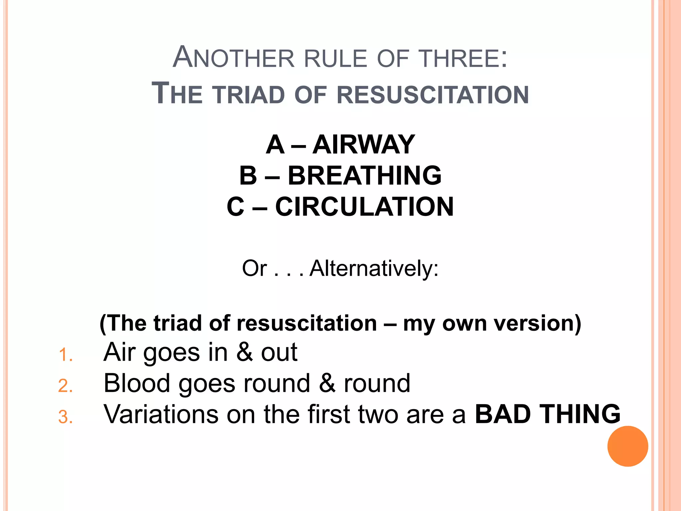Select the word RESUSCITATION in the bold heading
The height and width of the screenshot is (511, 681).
(433, 95)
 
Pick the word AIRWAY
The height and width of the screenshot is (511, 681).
(363, 144)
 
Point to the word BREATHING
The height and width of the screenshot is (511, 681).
(364, 175)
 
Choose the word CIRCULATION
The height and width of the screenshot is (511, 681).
(364, 207)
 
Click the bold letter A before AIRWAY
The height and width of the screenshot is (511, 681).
(275, 144)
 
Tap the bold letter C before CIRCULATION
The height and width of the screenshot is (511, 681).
(236, 207)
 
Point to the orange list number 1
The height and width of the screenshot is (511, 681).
(65, 355)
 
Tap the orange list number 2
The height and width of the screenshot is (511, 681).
(65, 386)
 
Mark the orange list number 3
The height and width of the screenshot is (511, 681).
(65, 417)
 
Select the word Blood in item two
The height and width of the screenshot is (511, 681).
(137, 383)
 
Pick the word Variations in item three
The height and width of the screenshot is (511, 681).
(161, 414)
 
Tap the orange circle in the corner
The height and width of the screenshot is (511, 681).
(627, 446)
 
